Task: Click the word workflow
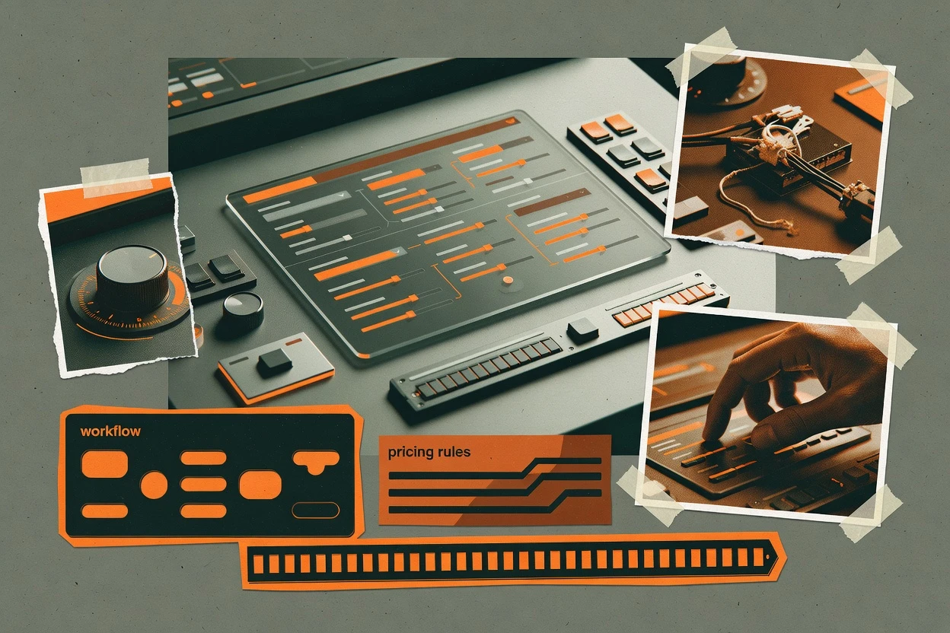[x=110, y=431]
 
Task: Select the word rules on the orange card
[x=454, y=451]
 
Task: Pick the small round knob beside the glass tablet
[x=243, y=313]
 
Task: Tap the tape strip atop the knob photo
[x=116, y=178]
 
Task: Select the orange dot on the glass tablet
[x=507, y=280]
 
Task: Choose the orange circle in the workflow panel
[x=154, y=485]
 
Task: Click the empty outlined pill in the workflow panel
[x=316, y=510]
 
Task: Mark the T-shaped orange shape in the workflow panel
[x=316, y=461]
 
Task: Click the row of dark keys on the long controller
[x=489, y=368]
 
